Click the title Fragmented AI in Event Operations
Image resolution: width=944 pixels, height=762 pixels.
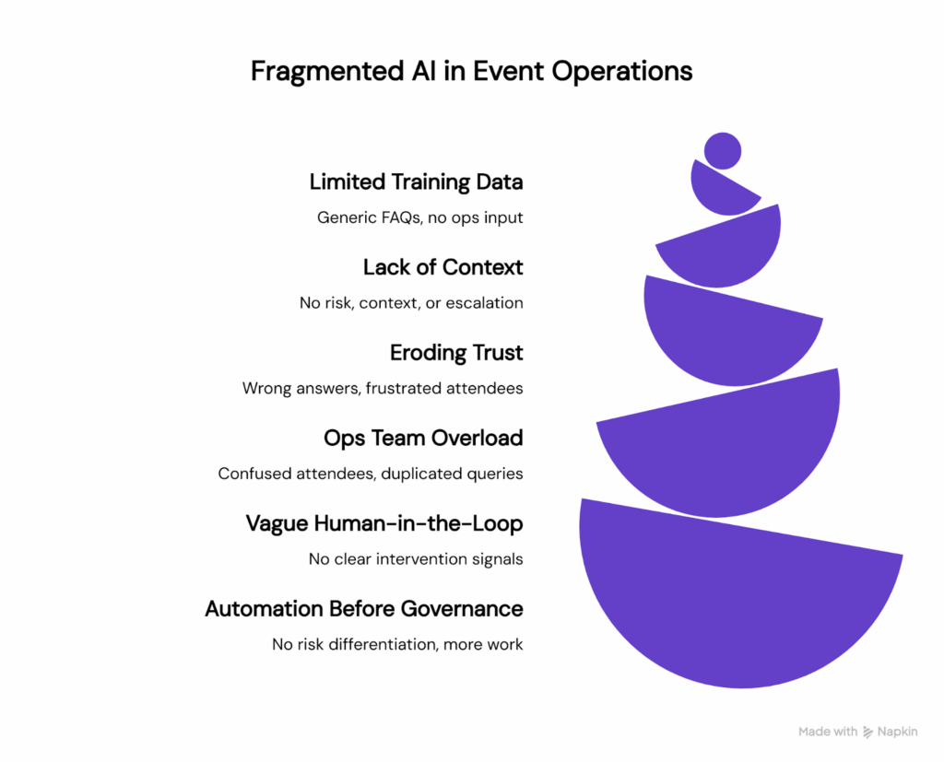point(471,71)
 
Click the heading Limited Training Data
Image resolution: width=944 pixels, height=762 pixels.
point(416,182)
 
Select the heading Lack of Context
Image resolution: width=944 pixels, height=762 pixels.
point(442,267)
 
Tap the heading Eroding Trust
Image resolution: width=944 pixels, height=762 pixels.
point(456,353)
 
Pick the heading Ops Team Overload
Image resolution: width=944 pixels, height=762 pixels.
point(423,438)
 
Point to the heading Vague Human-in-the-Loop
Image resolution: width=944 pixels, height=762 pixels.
point(383,523)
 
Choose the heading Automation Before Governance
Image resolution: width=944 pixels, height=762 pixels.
point(363,609)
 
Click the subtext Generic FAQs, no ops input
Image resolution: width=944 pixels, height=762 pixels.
point(419,217)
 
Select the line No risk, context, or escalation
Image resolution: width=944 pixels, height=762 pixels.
point(410,302)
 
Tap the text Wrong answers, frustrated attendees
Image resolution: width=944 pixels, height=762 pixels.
point(383,388)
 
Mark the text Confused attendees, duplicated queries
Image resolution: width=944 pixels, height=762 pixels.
point(371,474)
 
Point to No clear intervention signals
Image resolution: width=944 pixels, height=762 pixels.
point(416,559)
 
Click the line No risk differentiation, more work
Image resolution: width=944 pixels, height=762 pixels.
point(397,644)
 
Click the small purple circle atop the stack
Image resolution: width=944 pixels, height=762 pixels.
point(722,151)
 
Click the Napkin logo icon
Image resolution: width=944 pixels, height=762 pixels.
point(868,732)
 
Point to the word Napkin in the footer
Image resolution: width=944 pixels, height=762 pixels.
point(898,732)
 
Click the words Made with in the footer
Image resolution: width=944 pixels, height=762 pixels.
point(828,732)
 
